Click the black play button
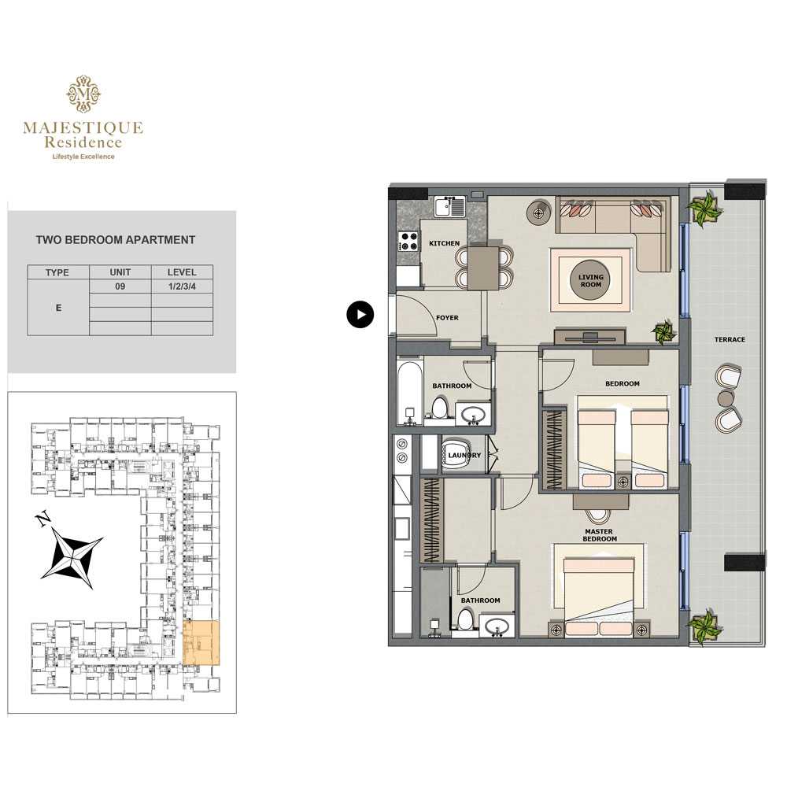click(360, 315)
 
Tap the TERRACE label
click(730, 340)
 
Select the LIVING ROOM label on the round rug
click(591, 281)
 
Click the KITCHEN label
click(444, 243)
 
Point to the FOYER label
click(447, 318)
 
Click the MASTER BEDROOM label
click(599, 535)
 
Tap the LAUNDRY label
click(464, 455)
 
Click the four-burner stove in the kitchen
click(408, 241)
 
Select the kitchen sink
click(449, 206)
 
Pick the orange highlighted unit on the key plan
click(201, 643)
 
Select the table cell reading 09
click(120, 286)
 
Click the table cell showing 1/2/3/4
click(183, 286)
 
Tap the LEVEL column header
click(182, 272)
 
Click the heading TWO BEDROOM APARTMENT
click(116, 240)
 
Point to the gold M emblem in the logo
click(84, 94)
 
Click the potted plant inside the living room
click(663, 332)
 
